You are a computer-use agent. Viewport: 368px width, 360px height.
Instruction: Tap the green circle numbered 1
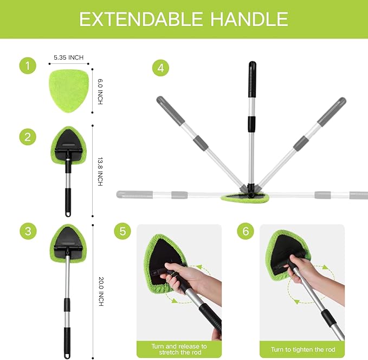(x=28, y=67)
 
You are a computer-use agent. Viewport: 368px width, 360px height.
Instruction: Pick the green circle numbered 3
(x=28, y=231)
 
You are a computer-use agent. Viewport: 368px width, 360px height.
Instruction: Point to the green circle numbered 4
(x=160, y=68)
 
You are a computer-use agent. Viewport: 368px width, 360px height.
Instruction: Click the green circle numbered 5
(x=123, y=231)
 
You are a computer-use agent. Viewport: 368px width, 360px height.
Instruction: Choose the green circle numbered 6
(x=246, y=231)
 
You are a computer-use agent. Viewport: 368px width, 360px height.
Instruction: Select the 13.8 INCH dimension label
(x=100, y=172)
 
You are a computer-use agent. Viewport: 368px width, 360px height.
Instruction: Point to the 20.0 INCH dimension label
(x=100, y=291)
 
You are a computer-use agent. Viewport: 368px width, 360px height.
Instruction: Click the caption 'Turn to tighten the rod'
(x=302, y=349)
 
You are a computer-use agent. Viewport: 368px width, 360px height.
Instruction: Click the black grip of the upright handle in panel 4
(x=252, y=79)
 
